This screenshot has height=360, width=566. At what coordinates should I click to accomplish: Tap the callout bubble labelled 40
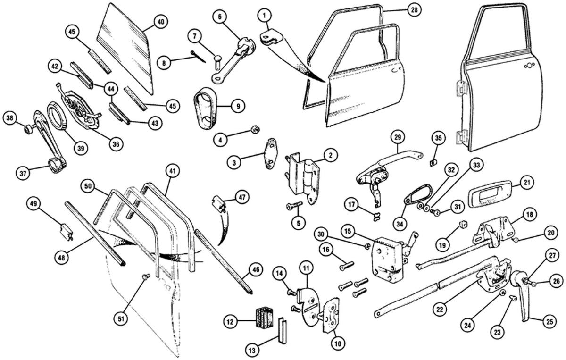point(161,22)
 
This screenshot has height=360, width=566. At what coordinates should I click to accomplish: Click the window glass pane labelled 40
point(126,47)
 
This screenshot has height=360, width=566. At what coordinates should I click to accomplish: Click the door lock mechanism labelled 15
point(388,260)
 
